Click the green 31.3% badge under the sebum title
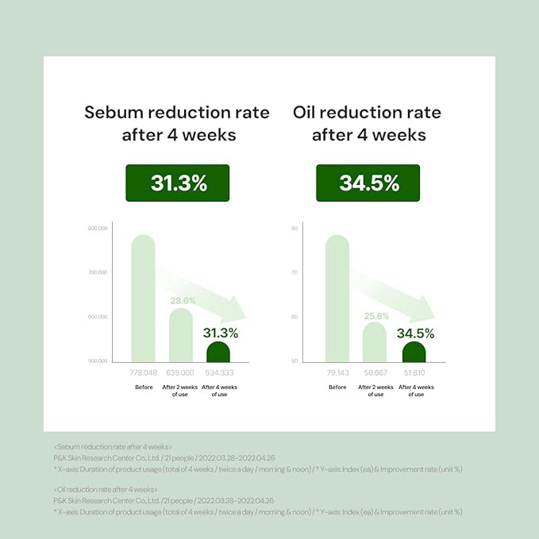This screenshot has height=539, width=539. click(x=179, y=183)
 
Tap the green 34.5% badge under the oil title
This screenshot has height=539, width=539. click(x=369, y=183)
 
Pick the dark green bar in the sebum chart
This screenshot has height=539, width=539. click(x=218, y=352)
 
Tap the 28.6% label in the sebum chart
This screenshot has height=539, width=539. click(x=183, y=301)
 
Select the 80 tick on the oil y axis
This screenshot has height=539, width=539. click(x=294, y=229)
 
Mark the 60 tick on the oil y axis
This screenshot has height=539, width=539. click(x=294, y=317)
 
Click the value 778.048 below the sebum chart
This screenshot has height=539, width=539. click(x=143, y=372)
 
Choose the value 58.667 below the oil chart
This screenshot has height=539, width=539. click(x=375, y=372)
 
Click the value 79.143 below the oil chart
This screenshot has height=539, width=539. click(x=337, y=372)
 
